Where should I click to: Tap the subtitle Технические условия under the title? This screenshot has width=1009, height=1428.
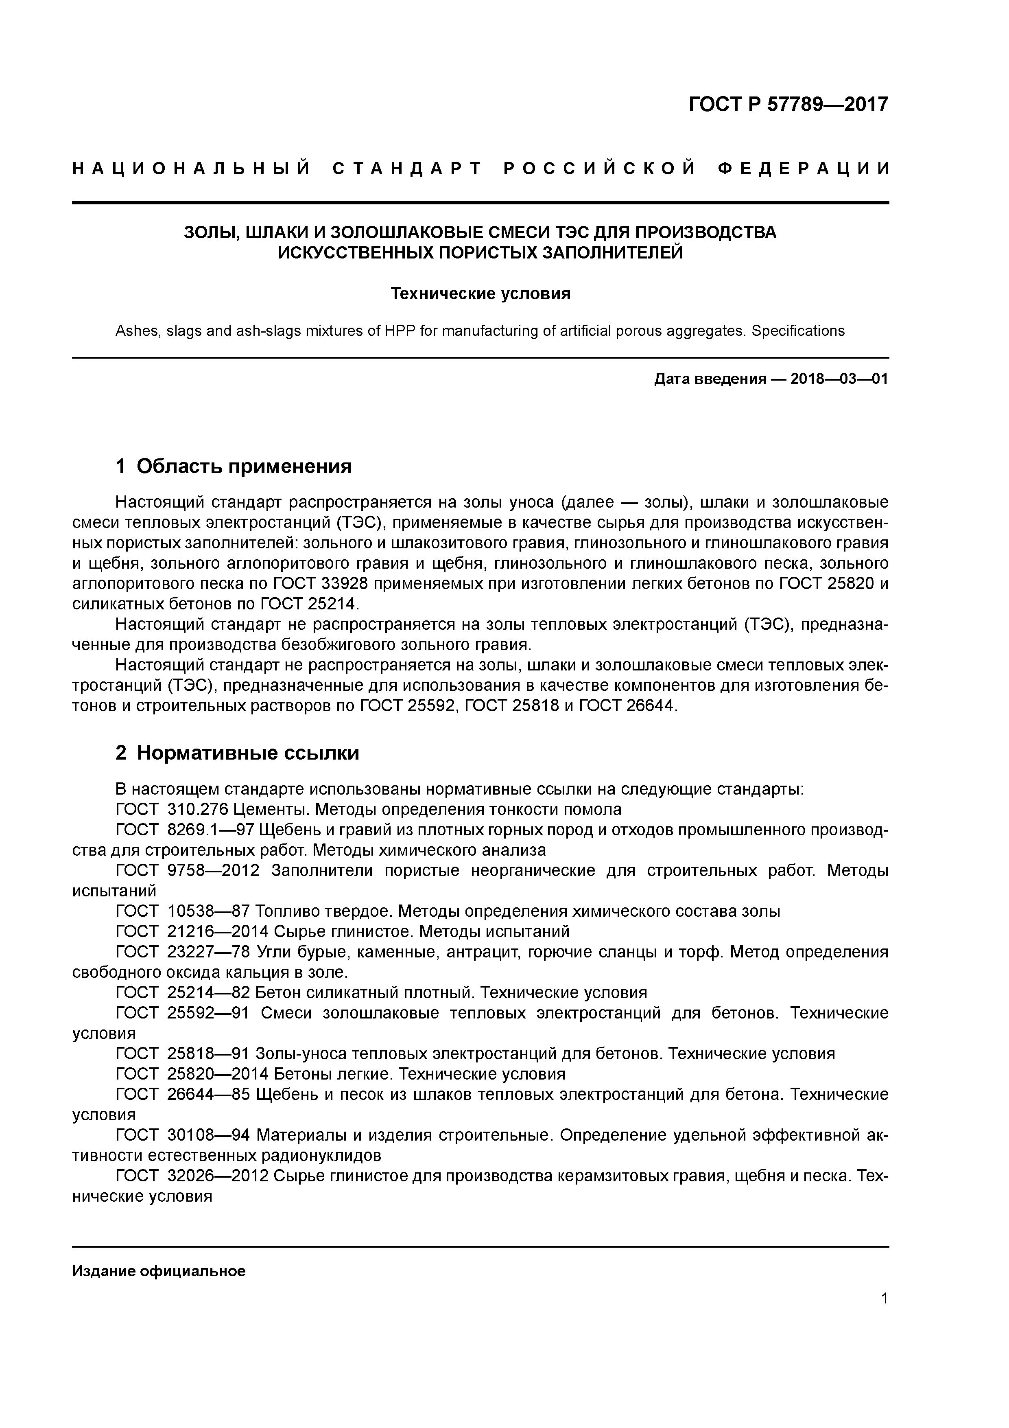coord(480,293)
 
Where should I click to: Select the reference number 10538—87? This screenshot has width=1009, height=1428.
coord(208,911)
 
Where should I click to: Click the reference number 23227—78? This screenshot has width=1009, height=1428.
coord(208,952)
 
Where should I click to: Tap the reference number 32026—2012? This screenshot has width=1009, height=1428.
coord(218,1176)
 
